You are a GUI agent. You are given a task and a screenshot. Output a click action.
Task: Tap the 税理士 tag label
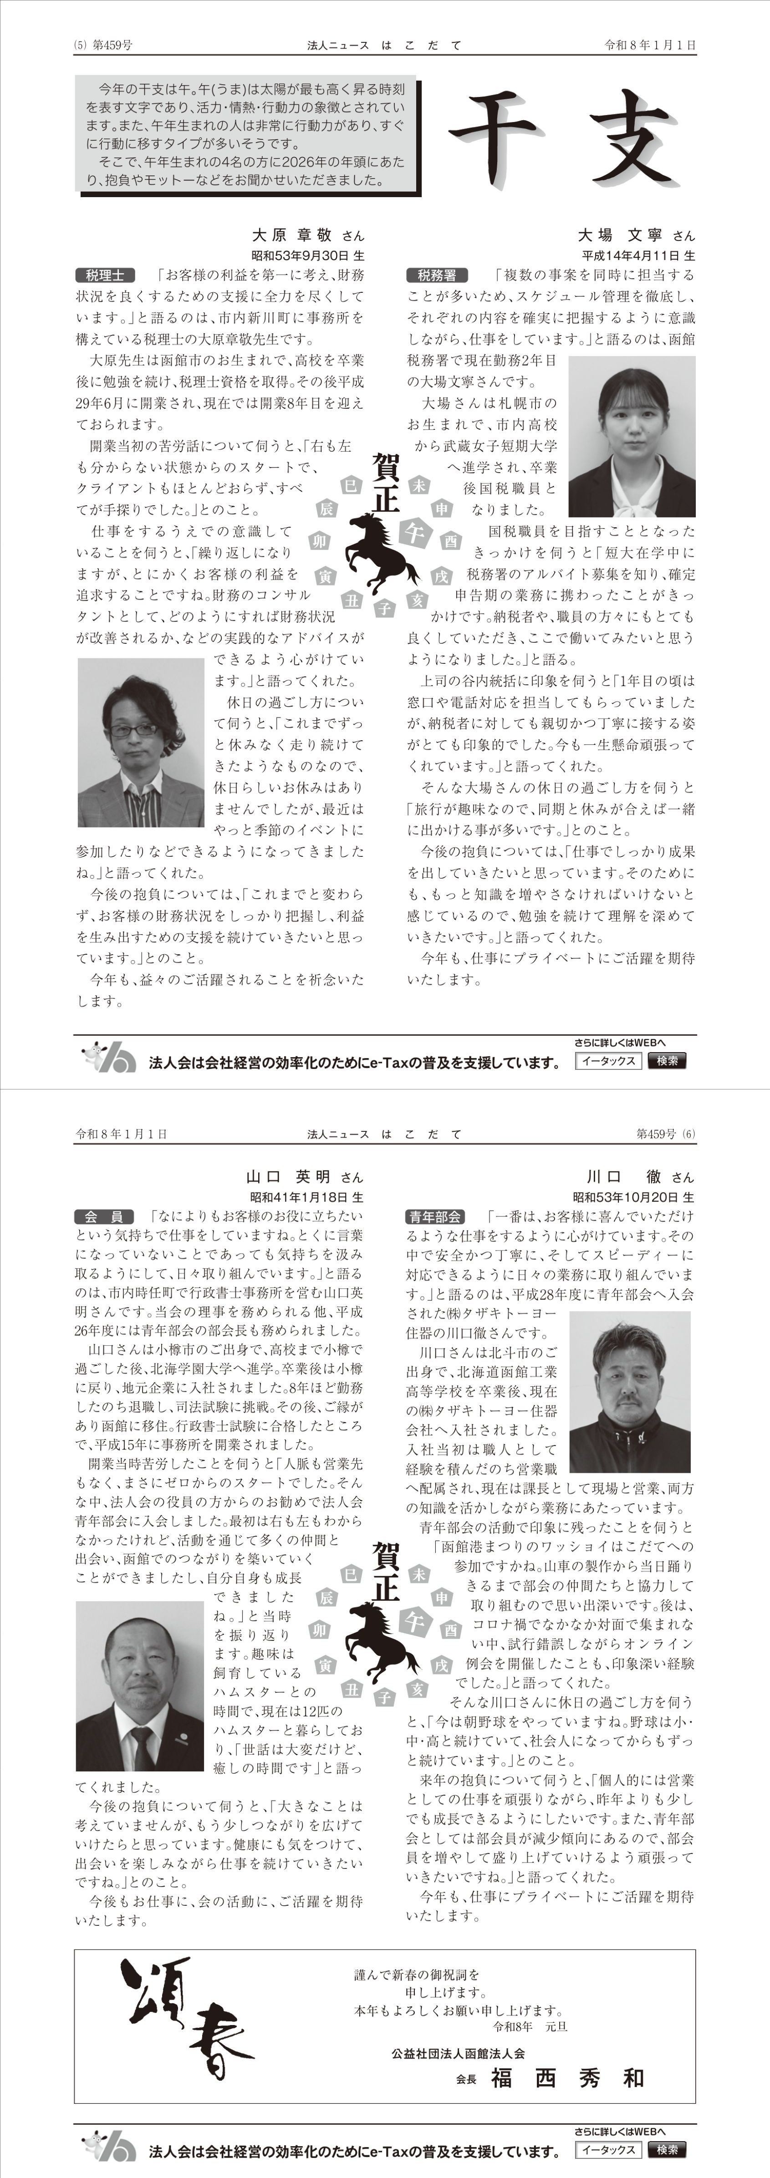[x=105, y=275]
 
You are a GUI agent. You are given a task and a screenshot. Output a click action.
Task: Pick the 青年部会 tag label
[x=434, y=1216]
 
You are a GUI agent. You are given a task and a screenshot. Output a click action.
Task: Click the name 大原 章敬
[x=291, y=235]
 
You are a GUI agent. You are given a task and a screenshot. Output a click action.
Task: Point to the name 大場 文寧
[x=621, y=235]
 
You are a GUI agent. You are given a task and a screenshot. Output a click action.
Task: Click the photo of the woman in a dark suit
[x=632, y=436]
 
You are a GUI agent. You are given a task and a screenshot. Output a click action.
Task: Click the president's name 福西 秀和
[x=568, y=2078]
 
